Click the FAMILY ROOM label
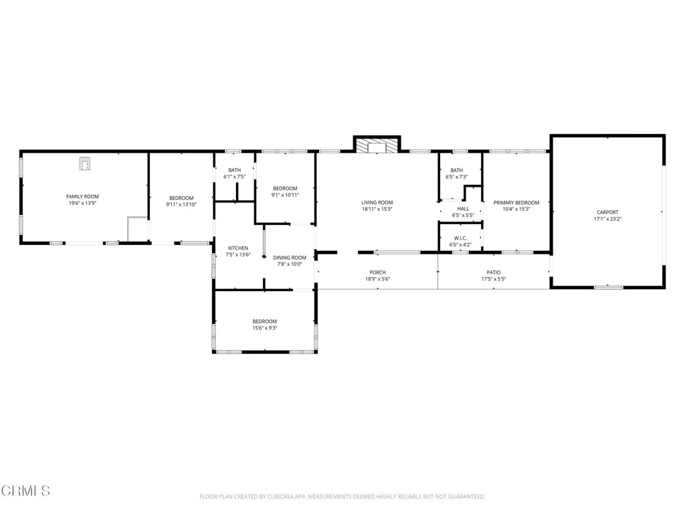82,196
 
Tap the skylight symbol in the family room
84,163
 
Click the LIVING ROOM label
377,202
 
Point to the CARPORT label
607,212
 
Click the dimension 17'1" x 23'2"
607,219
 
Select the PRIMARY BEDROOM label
516,202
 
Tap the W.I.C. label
460,238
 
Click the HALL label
463,209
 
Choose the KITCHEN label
237,248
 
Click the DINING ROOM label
289,257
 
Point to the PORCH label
377,272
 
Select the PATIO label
494,272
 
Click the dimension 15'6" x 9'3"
264,328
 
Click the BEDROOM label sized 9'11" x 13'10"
181,198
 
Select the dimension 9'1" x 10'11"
284,195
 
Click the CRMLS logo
25,491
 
